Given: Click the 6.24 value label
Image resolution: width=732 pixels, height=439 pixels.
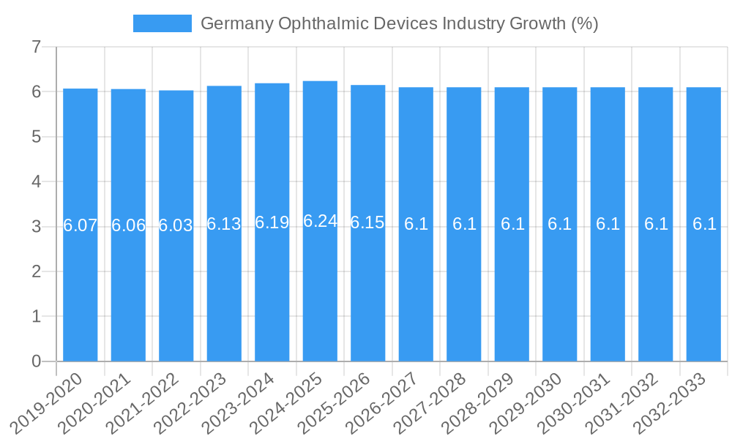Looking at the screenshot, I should click(320, 221).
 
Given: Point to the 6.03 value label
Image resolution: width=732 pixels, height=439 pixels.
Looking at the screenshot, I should click(176, 225).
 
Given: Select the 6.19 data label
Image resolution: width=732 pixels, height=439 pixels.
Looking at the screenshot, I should click(272, 222).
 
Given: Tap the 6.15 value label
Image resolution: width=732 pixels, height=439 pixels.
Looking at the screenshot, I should click(367, 222).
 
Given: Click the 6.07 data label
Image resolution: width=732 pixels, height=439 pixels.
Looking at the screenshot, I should click(81, 225).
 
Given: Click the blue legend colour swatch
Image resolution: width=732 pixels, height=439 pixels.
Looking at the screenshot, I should click(162, 23).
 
